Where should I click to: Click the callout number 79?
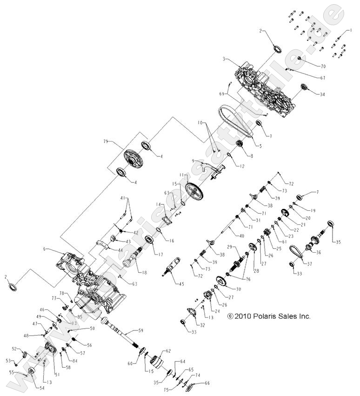[106, 141]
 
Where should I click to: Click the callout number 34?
[322, 94]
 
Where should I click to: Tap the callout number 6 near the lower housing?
[45, 249]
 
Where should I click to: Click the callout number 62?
[168, 351]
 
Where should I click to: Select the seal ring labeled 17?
[150, 240]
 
